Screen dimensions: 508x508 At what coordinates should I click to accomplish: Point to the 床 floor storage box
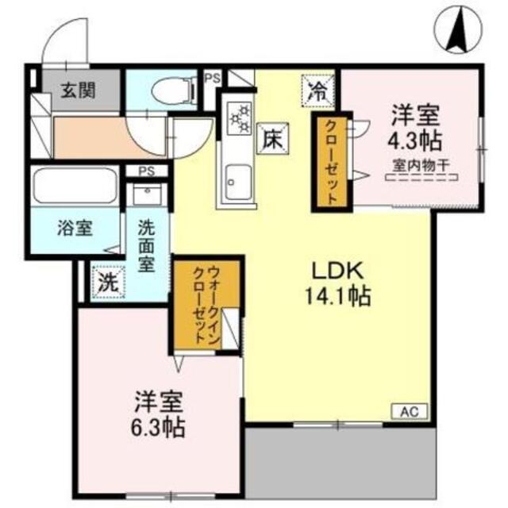click(270, 141)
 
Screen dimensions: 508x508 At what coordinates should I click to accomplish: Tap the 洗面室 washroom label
click(147, 245)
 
